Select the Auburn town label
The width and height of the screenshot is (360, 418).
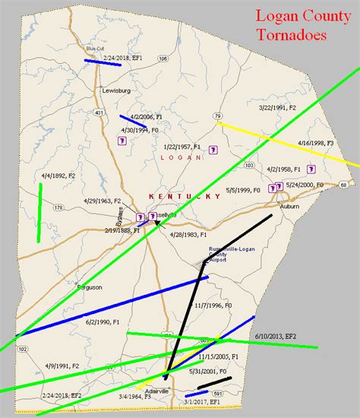289,205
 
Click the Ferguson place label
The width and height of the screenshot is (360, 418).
89,287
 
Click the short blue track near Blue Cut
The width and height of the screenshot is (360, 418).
103,63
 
